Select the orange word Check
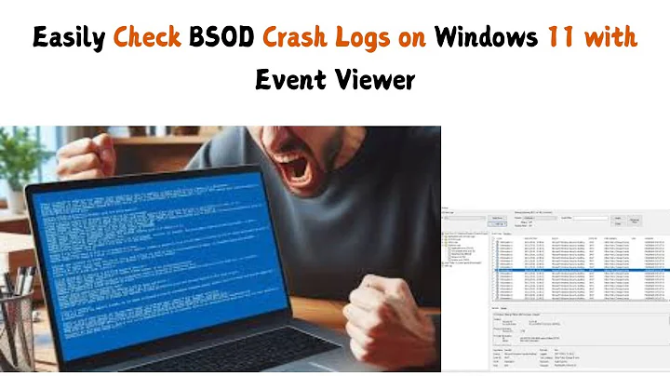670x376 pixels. [148, 38]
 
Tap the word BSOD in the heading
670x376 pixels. [222, 38]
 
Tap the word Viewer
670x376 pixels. [374, 80]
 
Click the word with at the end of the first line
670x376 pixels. [614, 38]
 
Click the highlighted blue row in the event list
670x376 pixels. [568, 244]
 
